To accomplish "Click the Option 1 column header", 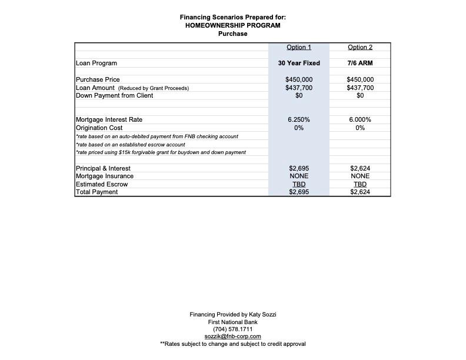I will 299,47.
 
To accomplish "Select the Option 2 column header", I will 360,47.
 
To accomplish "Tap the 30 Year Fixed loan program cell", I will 299,63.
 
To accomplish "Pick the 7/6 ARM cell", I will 360,63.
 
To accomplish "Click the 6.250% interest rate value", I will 299,119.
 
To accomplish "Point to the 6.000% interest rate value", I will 360,119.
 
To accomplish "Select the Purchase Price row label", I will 98,79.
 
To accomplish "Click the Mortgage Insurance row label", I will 105,176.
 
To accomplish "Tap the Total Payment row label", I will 97,192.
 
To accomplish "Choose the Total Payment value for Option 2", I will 360,192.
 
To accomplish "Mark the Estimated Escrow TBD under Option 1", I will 299,184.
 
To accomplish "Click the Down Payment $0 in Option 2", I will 360,95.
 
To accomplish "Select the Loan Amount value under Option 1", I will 299,88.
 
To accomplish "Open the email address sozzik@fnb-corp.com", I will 232,336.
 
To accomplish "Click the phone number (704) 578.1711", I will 232,329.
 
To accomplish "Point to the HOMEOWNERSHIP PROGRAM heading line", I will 232,25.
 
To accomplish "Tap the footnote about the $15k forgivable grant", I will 161,152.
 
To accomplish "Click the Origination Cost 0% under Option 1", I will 299,128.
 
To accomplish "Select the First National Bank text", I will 232,322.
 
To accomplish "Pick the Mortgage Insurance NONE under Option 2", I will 360,176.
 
